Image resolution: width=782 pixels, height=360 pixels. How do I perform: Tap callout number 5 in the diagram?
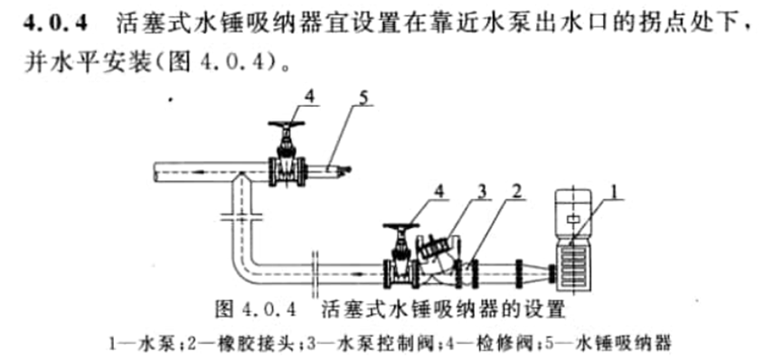click(364, 98)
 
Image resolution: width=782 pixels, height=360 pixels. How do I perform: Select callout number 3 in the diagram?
click(482, 193)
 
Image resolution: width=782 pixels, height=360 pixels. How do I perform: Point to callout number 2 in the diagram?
click(517, 192)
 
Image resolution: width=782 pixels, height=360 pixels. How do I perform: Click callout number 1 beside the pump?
click(617, 192)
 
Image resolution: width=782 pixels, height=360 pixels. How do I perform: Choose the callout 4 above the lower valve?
click(438, 193)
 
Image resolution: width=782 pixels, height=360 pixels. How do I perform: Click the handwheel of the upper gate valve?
click(287, 124)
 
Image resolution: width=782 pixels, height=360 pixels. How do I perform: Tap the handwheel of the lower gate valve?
click(401, 226)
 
